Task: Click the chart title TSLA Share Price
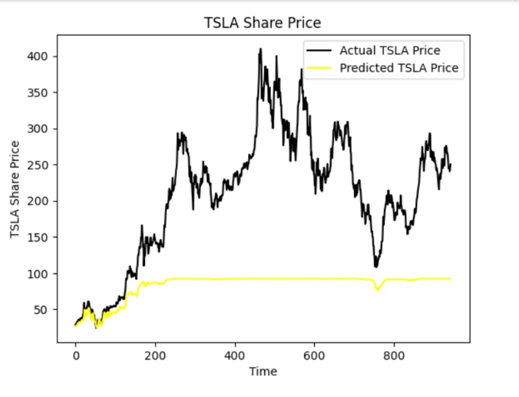tap(263, 23)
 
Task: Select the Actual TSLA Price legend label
tap(389, 51)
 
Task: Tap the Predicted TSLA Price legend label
tap(398, 68)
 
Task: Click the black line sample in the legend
tap(319, 51)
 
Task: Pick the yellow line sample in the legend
tap(319, 68)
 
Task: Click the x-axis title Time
tap(263, 371)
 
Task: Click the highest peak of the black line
tap(261, 49)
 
